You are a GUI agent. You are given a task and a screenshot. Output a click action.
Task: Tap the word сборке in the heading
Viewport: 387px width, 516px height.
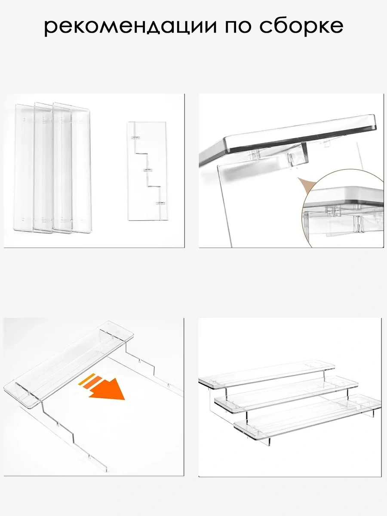[301, 27]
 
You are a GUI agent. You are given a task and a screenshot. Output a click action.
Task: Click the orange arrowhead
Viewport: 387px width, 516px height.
[110, 390]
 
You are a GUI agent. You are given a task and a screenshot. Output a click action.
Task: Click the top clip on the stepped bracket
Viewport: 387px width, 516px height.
[135, 139]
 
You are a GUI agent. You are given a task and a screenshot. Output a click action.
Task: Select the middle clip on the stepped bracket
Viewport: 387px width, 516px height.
[148, 170]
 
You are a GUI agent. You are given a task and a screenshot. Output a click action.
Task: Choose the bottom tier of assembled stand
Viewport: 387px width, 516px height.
[307, 415]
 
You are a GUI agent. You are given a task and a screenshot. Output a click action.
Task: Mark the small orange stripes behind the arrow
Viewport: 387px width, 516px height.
[91, 380]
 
